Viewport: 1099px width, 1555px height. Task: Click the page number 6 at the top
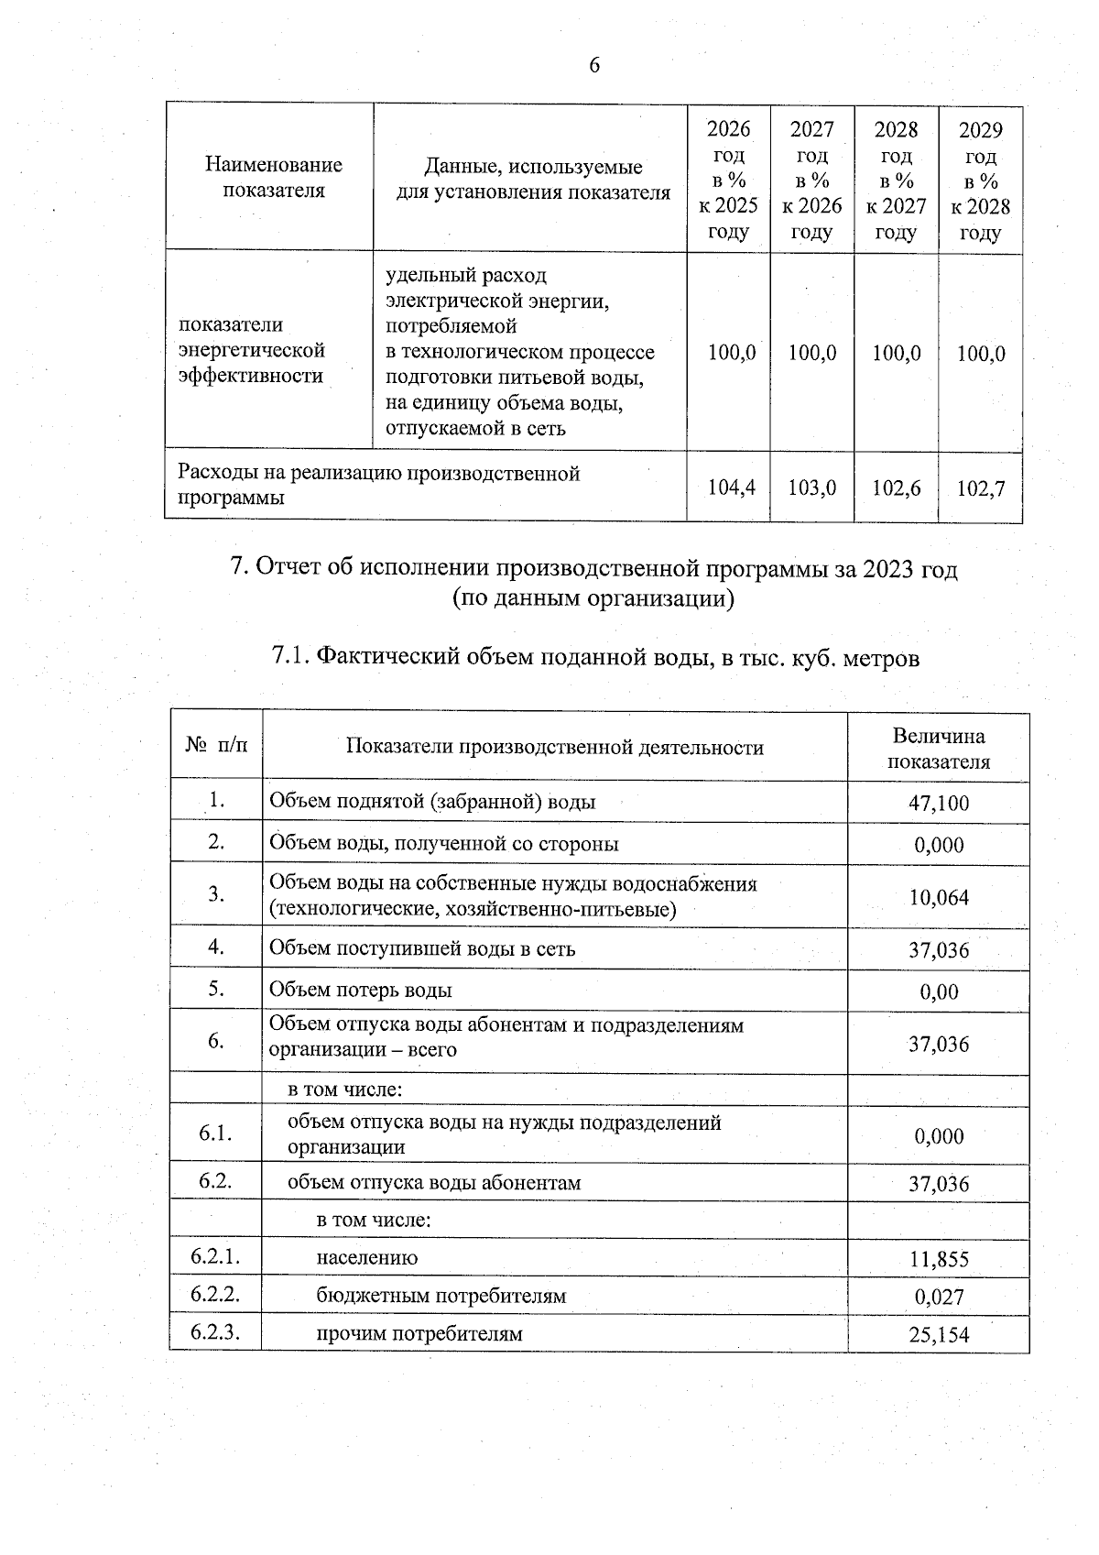pos(593,65)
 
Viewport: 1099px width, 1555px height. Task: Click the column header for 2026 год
pos(728,180)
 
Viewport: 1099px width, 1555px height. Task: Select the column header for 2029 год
pos(980,181)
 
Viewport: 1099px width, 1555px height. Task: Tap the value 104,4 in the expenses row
pos(732,487)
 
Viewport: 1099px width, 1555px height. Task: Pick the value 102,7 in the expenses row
pos(980,488)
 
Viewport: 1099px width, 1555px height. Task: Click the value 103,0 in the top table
pos(811,487)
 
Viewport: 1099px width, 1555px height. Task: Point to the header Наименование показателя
pos(273,177)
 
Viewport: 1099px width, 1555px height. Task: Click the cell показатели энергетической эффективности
pos(252,350)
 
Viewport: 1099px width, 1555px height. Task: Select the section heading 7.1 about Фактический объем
pos(595,658)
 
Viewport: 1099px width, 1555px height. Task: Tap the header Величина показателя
pos(938,749)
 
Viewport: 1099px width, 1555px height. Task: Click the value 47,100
pos(938,804)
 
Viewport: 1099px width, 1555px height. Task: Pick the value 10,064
pos(938,897)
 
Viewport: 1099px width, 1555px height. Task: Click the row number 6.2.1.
pos(215,1256)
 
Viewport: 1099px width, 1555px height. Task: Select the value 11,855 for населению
pos(938,1259)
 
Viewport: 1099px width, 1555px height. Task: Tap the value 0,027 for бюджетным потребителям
pos(939,1297)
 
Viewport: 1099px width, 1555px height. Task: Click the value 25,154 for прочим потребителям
pos(938,1335)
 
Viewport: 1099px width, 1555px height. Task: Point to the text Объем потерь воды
pos(360,991)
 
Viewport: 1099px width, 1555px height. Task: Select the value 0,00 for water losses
pos(939,991)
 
